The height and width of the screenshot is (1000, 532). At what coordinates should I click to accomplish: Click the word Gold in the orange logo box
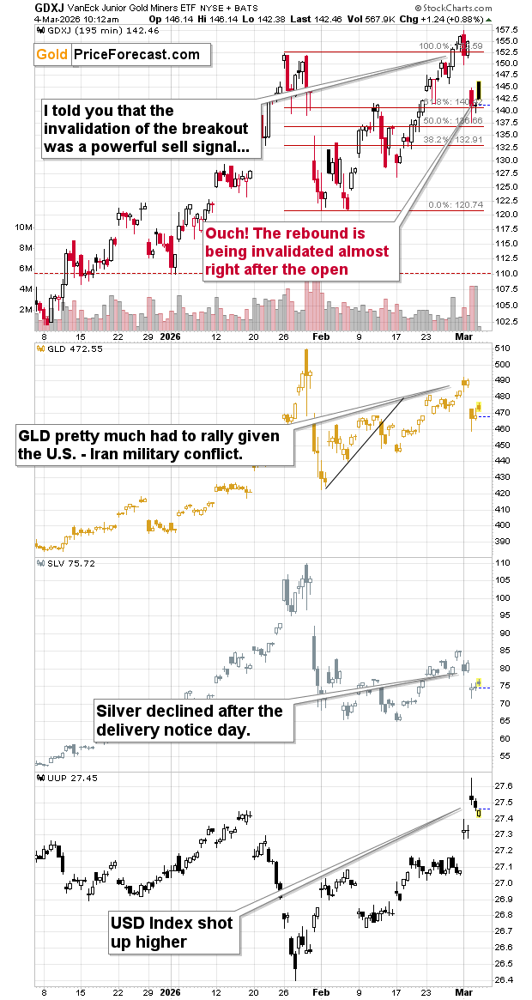tap(53, 55)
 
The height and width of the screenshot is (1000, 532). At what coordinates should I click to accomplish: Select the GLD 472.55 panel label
tap(66, 348)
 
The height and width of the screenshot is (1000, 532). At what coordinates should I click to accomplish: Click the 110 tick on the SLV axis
tap(505, 563)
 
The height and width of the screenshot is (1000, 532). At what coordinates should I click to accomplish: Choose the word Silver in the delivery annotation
tap(118, 712)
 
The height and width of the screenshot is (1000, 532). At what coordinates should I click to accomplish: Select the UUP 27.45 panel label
tap(65, 778)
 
